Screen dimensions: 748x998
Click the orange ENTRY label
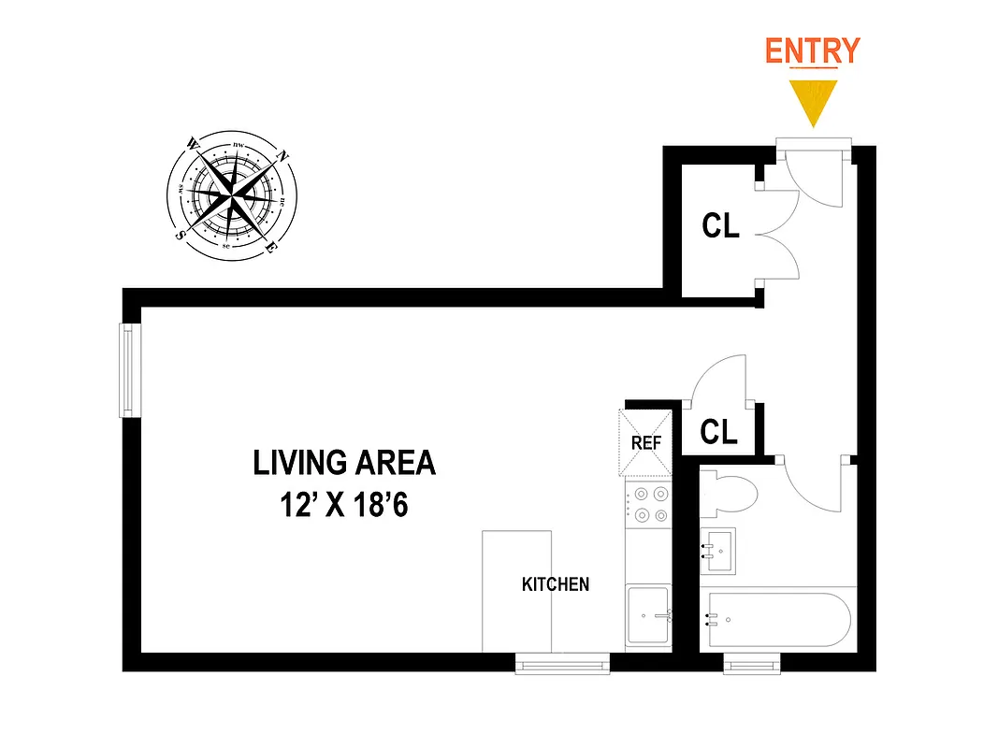(812, 50)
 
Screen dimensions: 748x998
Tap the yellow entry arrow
(812, 99)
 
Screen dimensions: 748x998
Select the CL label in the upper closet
(720, 225)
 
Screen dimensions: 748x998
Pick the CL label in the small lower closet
(718, 432)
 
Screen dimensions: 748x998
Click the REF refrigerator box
(646, 443)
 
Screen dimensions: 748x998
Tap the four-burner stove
(647, 505)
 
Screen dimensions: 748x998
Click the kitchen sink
(649, 614)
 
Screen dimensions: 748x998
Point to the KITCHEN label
(556, 584)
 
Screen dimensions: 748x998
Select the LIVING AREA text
(344, 463)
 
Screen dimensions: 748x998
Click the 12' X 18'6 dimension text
(344, 506)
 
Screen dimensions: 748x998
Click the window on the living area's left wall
(130, 370)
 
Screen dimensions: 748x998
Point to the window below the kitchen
(562, 664)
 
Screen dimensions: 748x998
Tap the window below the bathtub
(751, 664)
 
